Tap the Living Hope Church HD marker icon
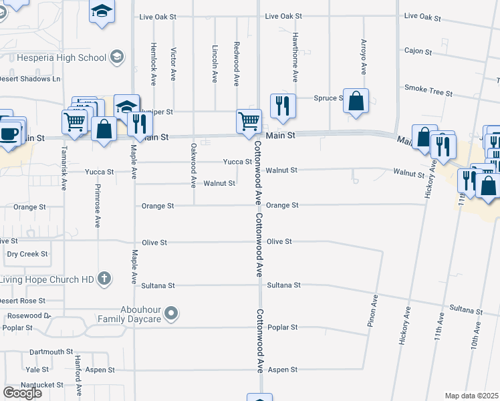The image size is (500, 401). [104, 279]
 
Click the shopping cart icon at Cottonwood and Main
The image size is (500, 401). [249, 122]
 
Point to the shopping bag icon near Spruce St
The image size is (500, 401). [357, 101]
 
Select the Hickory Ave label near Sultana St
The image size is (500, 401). [405, 325]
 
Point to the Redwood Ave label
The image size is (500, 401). [237, 64]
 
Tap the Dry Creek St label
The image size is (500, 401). [27, 254]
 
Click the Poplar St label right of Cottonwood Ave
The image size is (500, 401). [281, 327]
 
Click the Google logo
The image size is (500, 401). [22, 393]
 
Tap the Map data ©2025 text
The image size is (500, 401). [472, 396]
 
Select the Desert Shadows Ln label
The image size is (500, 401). [30, 79]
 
